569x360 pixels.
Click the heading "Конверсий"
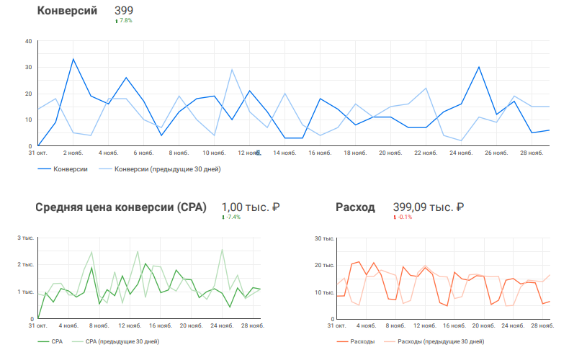pyautogui.click(x=66, y=11)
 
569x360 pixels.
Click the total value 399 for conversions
pyautogui.click(x=123, y=11)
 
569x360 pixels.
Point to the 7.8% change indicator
pyautogui.click(x=125, y=21)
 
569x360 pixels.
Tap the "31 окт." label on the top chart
pyautogui.click(x=37, y=153)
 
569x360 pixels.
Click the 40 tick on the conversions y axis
pyautogui.click(x=28, y=41)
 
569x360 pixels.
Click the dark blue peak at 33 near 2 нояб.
pyautogui.click(x=73, y=59)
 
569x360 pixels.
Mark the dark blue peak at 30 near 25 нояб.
pyautogui.click(x=479, y=67)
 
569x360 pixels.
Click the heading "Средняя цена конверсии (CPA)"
pyautogui.click(x=120, y=207)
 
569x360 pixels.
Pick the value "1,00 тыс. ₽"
pyautogui.click(x=250, y=207)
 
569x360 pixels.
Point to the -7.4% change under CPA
pyautogui.click(x=232, y=217)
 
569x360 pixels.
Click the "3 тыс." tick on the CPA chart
pyautogui.click(x=26, y=238)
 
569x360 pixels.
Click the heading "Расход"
pyautogui.click(x=355, y=207)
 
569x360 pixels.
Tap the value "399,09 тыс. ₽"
pyautogui.click(x=428, y=207)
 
